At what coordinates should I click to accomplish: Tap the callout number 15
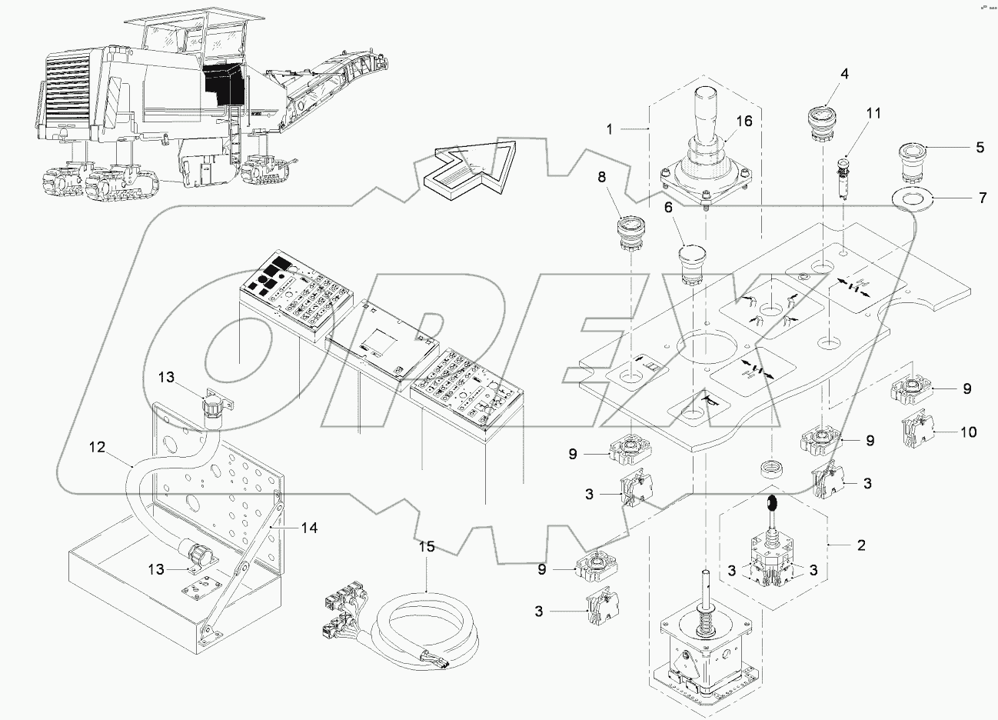pyautogui.click(x=427, y=548)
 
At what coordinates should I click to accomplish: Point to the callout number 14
pyautogui.click(x=308, y=528)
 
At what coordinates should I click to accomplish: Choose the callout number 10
pyautogui.click(x=968, y=432)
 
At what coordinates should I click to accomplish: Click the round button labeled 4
pyautogui.click(x=822, y=122)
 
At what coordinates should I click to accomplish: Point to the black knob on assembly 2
pyautogui.click(x=772, y=504)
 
